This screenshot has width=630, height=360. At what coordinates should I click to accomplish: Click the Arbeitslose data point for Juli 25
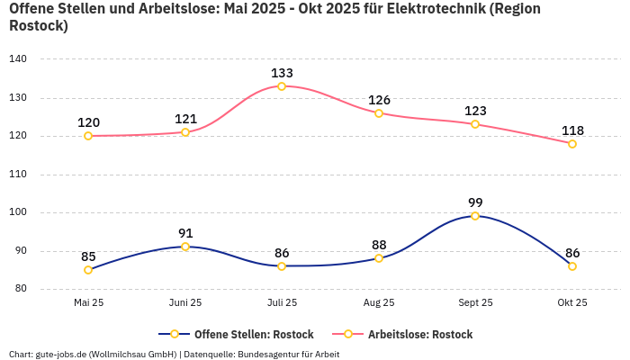(282, 86)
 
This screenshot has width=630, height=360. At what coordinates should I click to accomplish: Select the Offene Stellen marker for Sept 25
(475, 216)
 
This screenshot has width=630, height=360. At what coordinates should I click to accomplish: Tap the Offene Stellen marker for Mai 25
(88, 270)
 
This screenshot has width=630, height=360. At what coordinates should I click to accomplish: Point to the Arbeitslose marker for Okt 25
(572, 144)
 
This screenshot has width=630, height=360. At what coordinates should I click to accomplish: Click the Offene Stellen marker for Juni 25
(185, 247)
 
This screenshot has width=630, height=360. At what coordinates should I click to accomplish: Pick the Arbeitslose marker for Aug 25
(379, 113)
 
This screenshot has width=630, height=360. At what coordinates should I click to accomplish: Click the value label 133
(282, 73)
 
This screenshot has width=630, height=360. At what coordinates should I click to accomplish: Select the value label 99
(475, 202)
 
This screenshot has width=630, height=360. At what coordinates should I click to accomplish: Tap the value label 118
(572, 130)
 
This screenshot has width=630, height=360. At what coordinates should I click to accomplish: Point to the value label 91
(185, 233)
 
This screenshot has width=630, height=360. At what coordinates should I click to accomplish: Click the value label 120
(88, 122)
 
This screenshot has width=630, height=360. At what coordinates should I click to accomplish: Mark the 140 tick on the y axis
(18, 58)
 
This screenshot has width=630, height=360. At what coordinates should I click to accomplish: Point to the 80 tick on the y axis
(21, 289)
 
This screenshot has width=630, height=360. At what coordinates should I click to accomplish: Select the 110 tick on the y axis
(18, 174)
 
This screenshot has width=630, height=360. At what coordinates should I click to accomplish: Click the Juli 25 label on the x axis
(282, 302)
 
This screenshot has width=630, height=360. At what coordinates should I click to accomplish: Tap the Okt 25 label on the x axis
(572, 302)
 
